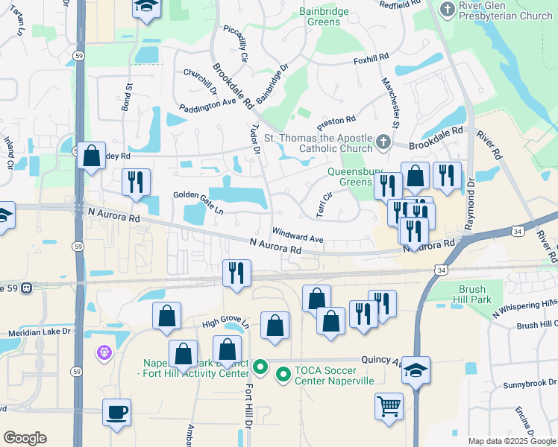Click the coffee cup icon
coord(116,412)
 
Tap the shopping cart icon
coord(389,407)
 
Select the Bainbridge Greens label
coord(325,16)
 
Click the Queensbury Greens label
coord(350,176)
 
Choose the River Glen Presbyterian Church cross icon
coord(447,10)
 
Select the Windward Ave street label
coord(298,235)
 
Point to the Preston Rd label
coord(336,120)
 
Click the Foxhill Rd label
coord(372,57)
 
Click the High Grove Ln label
coord(224,323)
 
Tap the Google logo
coord(25,438)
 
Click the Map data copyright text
coord(512,441)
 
